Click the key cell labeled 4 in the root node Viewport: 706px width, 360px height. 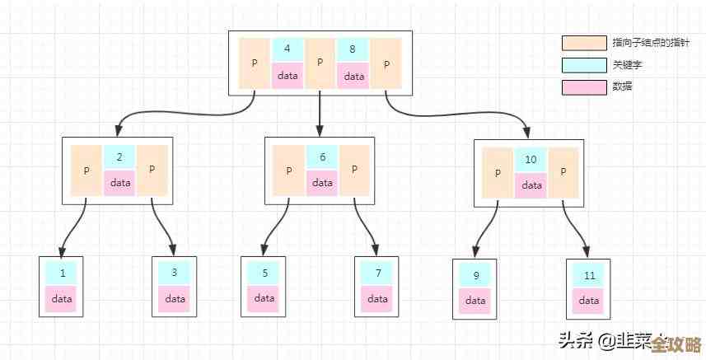tap(287, 49)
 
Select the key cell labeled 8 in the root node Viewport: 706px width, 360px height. tap(353, 49)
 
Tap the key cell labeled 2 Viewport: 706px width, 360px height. tap(119, 157)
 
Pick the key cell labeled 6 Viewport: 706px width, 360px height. tap(322, 157)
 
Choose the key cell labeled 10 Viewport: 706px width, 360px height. tap(531, 160)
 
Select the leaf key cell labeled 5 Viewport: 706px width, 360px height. tap(264, 273)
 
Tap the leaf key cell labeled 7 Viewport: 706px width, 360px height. tap(377, 273)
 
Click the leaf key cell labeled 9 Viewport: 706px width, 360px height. tap(475, 275)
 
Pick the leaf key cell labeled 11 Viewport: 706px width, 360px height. tap(588, 275)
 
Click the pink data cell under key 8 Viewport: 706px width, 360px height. tap(353, 76)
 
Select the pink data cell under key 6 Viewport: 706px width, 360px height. tap(322, 183)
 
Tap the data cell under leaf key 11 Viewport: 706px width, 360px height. tap(588, 301)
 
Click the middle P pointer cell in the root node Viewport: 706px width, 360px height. tap(320, 63)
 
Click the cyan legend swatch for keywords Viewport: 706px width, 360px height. tap(582, 65)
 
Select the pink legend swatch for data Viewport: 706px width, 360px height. tap(582, 86)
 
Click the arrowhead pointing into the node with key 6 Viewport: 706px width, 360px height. tap(320, 130)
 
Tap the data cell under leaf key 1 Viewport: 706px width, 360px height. tap(62, 298)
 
